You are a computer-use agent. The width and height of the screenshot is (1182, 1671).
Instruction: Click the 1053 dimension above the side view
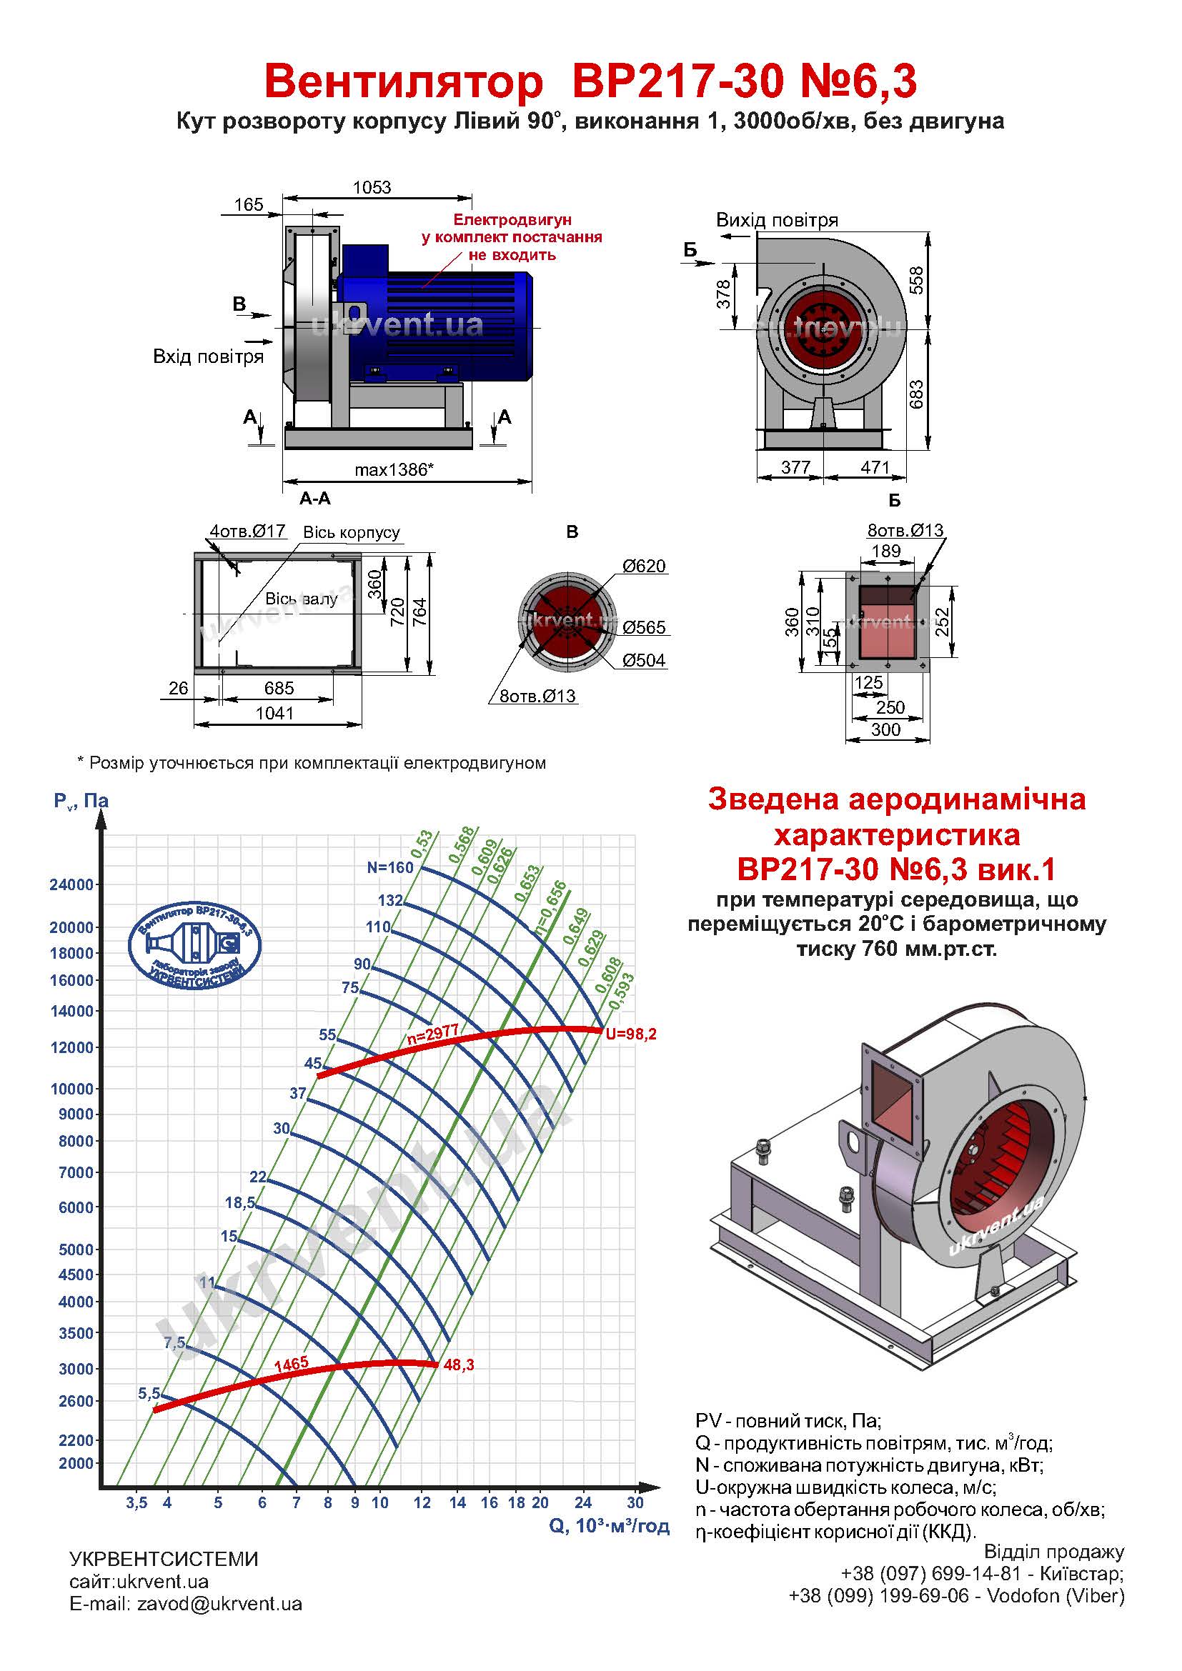point(372,188)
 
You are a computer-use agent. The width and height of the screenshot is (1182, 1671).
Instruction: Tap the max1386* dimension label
point(394,470)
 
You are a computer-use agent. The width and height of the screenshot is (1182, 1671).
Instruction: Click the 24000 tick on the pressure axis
point(71,885)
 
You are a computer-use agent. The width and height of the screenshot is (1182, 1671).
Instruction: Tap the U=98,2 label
point(631,1034)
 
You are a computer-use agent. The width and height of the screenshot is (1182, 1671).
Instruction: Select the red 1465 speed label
point(291,1365)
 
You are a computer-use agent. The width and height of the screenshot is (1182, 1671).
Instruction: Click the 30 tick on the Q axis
point(635,1502)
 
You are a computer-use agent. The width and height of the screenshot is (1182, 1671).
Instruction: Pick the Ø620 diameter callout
point(643,567)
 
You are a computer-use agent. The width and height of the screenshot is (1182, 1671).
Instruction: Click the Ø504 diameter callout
point(643,661)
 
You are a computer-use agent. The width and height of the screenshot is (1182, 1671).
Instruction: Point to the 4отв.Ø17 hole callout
point(247,532)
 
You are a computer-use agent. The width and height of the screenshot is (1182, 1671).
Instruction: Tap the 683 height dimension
point(916,394)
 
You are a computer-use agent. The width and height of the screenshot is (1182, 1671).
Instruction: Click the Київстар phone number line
point(982,1573)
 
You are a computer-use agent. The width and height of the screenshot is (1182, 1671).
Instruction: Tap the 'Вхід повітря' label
point(208,356)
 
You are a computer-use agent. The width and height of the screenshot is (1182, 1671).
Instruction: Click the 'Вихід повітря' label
point(777,220)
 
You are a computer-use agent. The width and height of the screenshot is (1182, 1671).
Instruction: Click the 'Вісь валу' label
point(302,599)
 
